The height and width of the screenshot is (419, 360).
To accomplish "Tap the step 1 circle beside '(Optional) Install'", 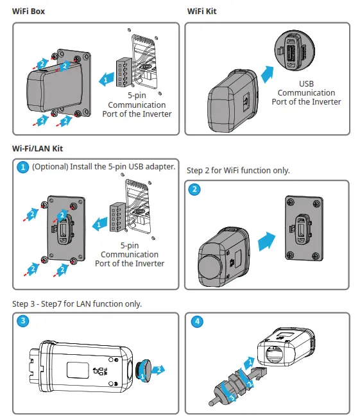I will click(x=22, y=167).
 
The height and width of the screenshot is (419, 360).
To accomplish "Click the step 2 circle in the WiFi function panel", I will click(x=195, y=189).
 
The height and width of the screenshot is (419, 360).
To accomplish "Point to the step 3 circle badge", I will click(x=22, y=321).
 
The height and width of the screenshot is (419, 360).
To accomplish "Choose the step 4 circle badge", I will click(x=195, y=321).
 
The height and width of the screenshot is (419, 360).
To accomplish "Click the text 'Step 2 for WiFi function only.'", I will click(x=238, y=171).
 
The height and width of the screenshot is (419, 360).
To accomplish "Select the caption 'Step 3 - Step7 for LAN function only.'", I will click(x=77, y=304).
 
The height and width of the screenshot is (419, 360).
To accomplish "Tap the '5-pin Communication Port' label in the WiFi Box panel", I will click(x=137, y=105).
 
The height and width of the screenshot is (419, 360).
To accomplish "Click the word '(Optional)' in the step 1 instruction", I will click(x=50, y=167).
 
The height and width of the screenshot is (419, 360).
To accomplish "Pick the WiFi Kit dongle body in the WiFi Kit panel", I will click(x=230, y=103).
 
